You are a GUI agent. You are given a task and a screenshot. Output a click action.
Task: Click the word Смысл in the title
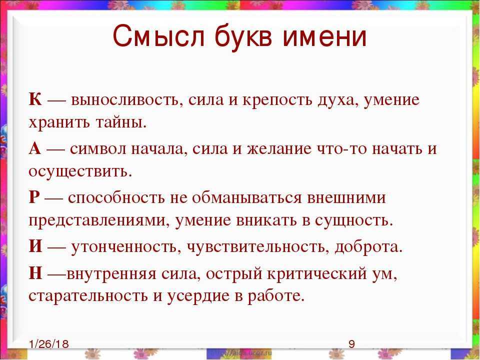[x=158, y=36]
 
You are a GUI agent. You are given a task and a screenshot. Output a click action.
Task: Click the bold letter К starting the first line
[x=35, y=99]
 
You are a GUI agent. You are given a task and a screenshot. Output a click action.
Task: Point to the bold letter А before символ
[x=35, y=148]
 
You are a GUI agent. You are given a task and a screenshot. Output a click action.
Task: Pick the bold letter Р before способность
[x=34, y=197]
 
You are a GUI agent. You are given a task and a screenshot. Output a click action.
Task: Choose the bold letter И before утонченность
[x=36, y=246]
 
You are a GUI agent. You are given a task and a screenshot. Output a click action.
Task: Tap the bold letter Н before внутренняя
[x=36, y=273]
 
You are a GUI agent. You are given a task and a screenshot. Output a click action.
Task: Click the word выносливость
[x=125, y=100]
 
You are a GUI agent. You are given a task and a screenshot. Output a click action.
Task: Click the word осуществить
[x=80, y=171]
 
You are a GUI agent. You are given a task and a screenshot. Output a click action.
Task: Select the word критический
[x=316, y=274]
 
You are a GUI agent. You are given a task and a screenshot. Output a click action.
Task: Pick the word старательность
[x=88, y=296]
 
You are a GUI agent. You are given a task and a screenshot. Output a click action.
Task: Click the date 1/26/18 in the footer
[x=49, y=344]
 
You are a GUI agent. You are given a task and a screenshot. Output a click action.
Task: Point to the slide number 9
[x=351, y=344]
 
